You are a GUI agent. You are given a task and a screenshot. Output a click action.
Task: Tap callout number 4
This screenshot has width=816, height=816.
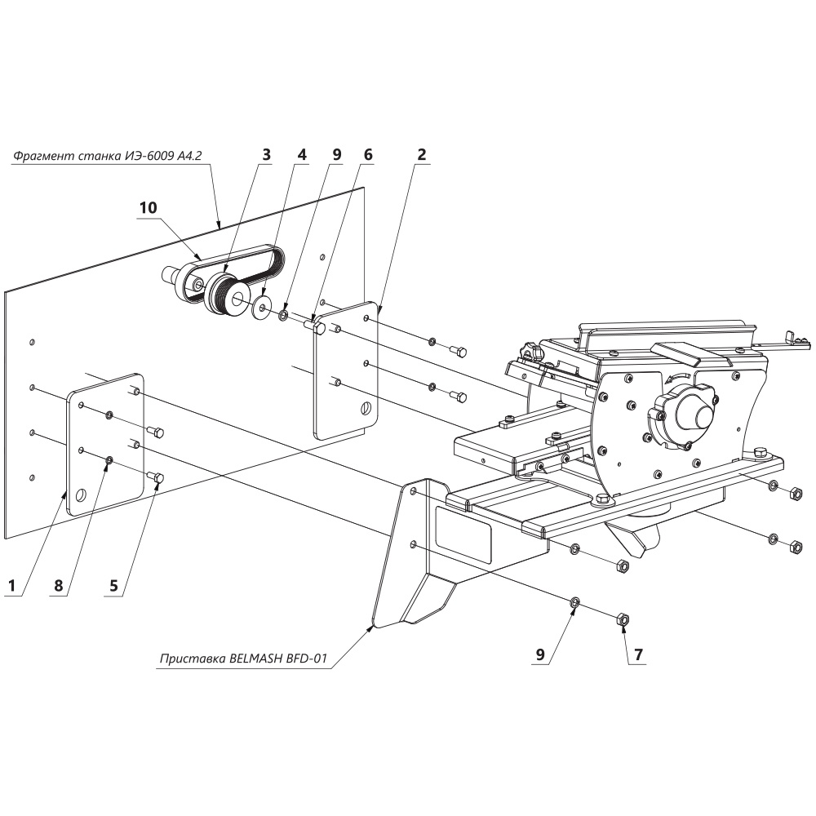(x=301, y=154)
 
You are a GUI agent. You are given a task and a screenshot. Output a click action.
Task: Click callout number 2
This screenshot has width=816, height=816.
(x=422, y=154)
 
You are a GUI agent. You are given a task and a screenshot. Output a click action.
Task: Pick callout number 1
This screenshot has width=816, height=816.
(x=11, y=585)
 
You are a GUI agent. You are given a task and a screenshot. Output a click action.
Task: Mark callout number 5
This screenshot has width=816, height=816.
(x=114, y=585)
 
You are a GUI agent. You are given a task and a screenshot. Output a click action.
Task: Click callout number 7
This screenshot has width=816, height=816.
(x=637, y=654)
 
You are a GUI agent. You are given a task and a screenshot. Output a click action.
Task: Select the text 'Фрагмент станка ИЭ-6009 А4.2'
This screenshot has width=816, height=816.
(x=107, y=155)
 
